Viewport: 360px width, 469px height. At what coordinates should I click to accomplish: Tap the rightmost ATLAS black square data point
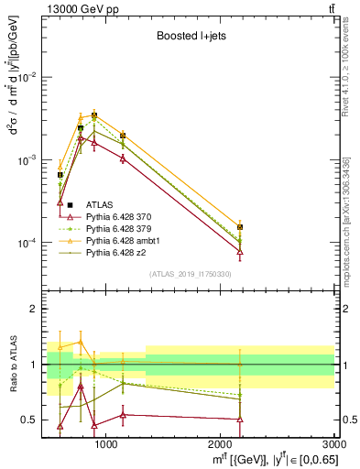240,226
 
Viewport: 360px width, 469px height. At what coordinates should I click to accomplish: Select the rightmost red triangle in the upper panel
240,252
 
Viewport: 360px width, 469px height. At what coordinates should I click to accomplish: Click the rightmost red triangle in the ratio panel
240,420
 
